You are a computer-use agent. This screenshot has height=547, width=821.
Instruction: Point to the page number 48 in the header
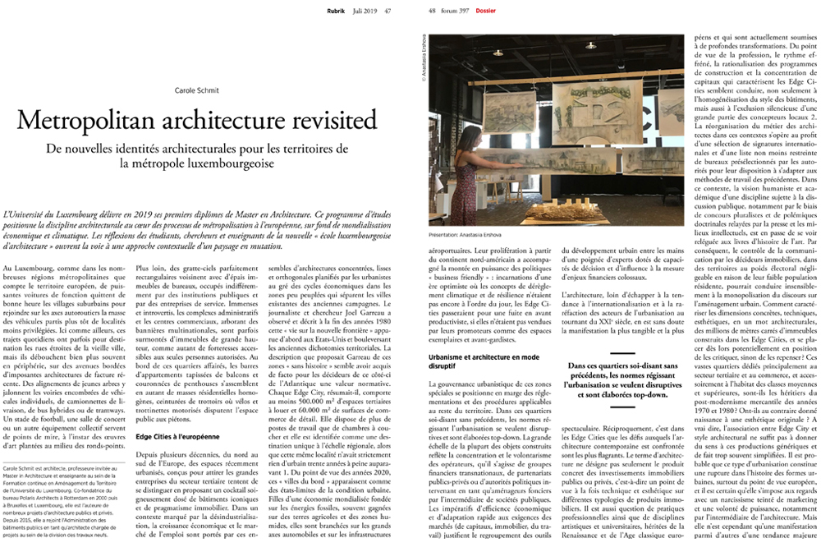click(x=433, y=9)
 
